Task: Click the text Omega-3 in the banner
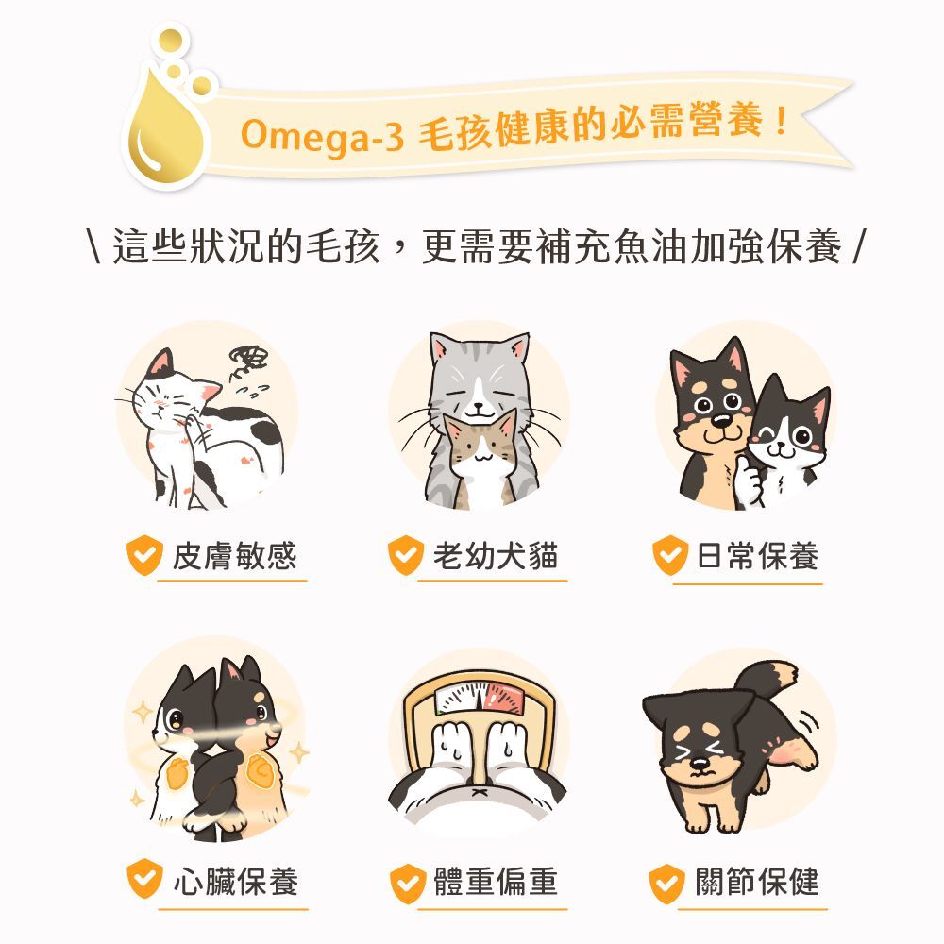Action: point(322,135)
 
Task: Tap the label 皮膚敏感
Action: point(233,556)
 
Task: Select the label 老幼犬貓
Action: point(495,556)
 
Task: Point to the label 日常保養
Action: point(757,556)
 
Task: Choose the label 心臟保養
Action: point(235,882)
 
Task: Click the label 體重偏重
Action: point(496,882)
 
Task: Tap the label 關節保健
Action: point(757,882)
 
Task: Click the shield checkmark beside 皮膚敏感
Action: point(144,556)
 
